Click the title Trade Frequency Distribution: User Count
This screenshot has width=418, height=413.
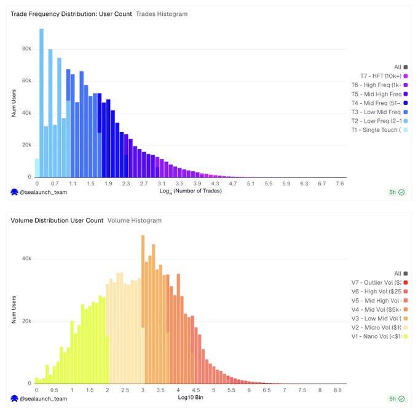click(x=71, y=14)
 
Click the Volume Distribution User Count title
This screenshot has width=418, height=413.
click(x=57, y=220)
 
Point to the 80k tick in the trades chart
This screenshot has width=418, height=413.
click(x=27, y=49)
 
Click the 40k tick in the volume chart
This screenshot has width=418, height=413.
click(x=27, y=258)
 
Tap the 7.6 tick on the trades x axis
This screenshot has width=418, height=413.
click(x=340, y=183)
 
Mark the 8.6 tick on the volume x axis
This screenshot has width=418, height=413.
click(x=337, y=390)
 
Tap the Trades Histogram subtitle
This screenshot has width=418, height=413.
click(x=162, y=14)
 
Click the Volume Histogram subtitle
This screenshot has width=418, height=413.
click(x=134, y=220)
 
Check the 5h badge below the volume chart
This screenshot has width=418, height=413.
click(x=395, y=398)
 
